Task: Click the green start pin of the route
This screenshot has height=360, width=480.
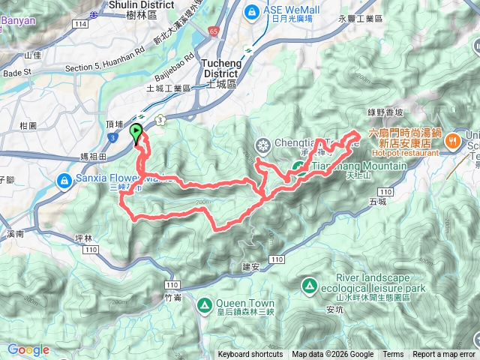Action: [136, 133]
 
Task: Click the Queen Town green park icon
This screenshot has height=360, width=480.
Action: [204, 305]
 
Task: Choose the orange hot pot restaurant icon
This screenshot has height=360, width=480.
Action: [454, 140]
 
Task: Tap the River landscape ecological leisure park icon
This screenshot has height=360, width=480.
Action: [309, 286]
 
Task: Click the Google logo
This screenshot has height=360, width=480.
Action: [28, 349]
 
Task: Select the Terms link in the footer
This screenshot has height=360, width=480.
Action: [393, 355]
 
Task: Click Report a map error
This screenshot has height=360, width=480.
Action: [444, 355]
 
